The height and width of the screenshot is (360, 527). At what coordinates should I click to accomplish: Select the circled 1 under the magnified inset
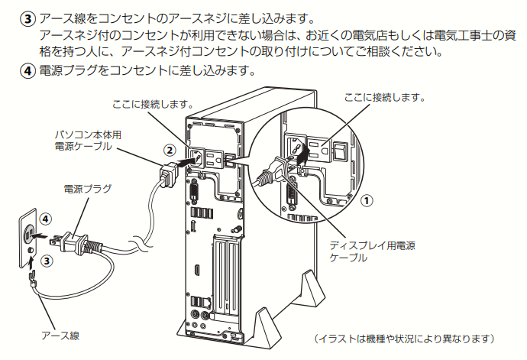pos(366,200)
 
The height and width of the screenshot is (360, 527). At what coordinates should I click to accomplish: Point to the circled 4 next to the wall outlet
pos(46,218)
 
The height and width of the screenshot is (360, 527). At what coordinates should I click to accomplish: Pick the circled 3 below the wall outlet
pos(47,260)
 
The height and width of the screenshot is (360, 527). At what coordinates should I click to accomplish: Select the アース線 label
pos(60,335)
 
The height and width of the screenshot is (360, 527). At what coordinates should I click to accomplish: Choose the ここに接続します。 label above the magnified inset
pos(383,98)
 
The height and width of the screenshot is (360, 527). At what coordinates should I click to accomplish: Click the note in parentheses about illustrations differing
pos(406,337)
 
